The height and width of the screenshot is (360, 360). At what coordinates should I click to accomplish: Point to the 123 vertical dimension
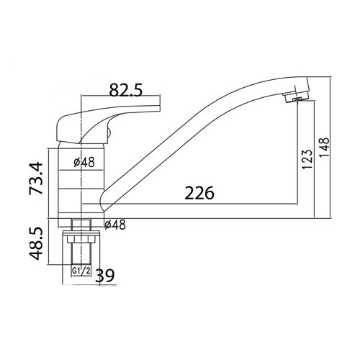click(307, 160)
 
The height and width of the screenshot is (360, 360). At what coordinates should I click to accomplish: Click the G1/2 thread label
click(82, 271)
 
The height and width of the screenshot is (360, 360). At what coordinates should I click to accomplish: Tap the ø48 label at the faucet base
click(116, 225)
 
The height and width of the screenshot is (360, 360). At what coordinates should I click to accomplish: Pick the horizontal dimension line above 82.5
click(122, 101)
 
